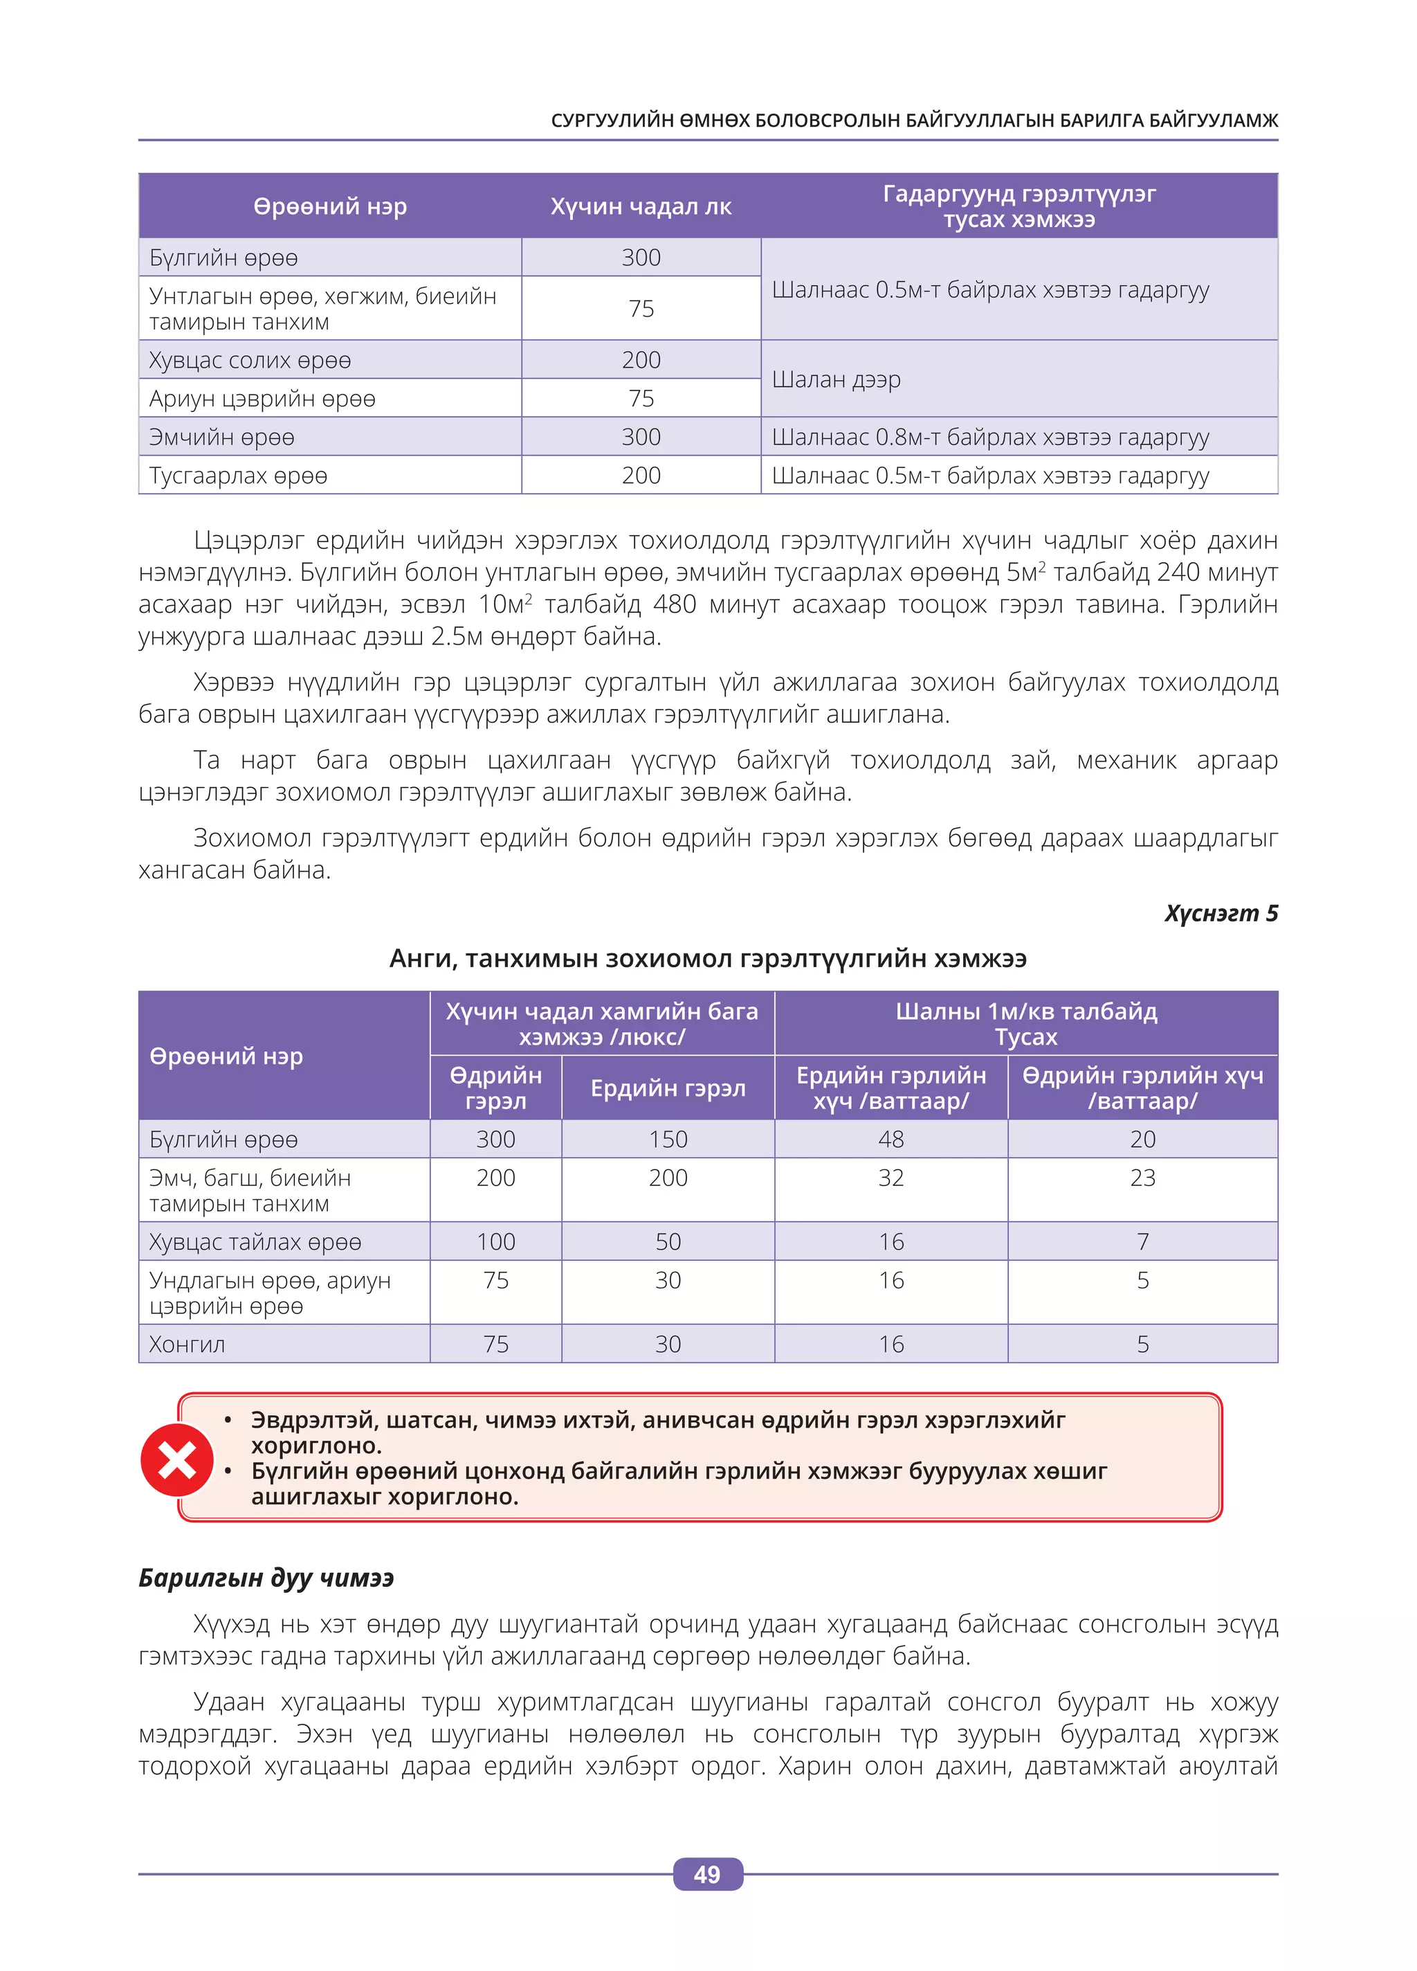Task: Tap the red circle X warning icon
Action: point(177,1459)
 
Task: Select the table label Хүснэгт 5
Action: point(1220,913)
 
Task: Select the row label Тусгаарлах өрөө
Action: point(238,476)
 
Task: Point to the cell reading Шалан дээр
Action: point(836,380)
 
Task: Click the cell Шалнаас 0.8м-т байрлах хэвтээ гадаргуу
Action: point(989,437)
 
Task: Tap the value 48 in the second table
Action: point(890,1140)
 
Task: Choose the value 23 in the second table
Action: point(1142,1178)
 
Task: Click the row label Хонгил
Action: point(187,1344)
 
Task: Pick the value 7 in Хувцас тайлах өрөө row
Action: point(1142,1242)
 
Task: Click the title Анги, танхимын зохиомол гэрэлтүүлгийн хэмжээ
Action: point(707,959)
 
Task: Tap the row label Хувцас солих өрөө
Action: point(250,360)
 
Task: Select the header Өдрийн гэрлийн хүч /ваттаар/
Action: point(1142,1088)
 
